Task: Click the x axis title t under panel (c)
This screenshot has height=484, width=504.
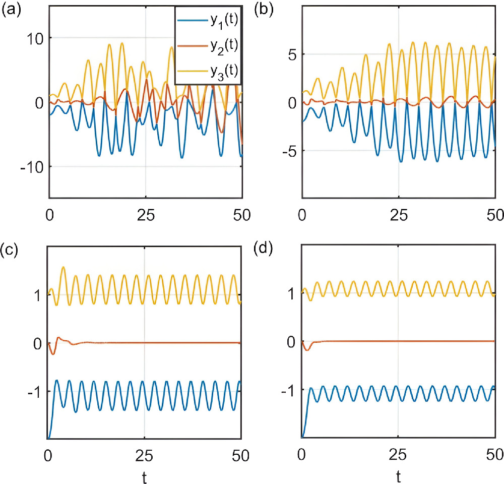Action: pyautogui.click(x=145, y=475)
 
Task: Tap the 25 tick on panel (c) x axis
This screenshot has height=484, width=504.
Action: pyautogui.click(x=145, y=453)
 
